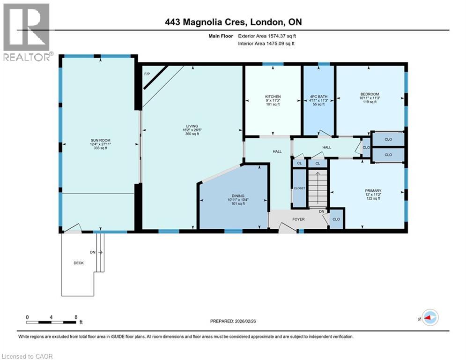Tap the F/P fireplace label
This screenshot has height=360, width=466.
[147, 74]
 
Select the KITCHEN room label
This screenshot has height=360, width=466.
[273, 97]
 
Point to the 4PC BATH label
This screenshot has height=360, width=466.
[318, 97]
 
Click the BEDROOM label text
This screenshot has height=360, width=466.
[370, 94]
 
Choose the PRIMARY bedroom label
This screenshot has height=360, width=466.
[373, 191]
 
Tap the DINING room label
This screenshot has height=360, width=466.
[238, 196]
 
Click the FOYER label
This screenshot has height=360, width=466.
[298, 219]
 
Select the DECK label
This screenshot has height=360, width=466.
[79, 263]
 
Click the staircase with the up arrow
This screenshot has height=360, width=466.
[318, 188]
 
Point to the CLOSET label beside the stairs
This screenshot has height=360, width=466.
[299, 188]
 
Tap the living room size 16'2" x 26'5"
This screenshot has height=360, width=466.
[192, 130]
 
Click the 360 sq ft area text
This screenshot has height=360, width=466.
[192, 134]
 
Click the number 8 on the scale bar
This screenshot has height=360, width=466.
[76, 317]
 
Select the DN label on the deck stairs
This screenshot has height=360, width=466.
[93, 252]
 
